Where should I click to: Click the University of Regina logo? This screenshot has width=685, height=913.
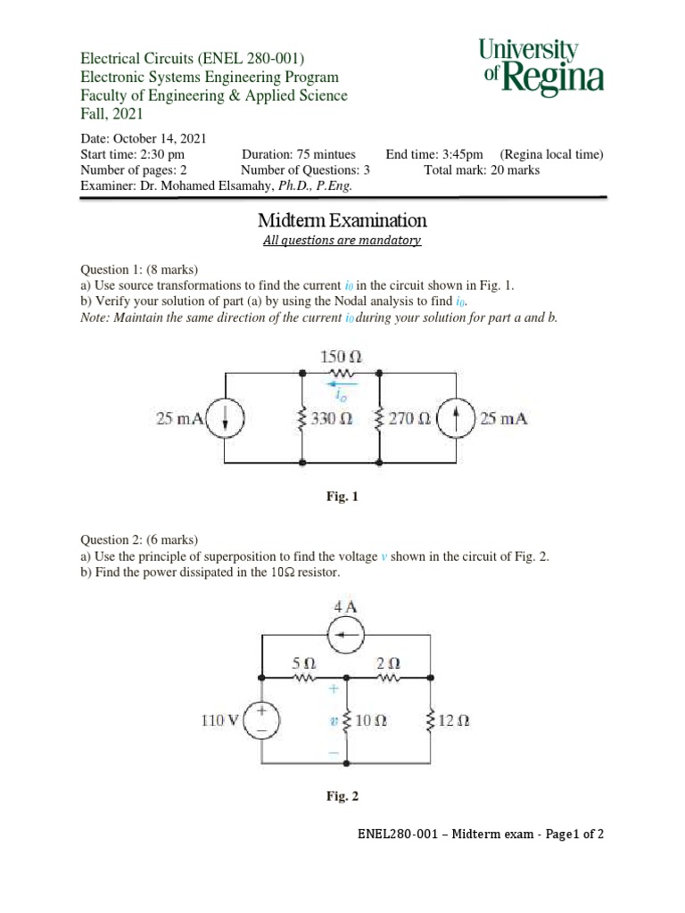point(541,66)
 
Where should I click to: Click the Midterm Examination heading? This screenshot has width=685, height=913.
point(342,220)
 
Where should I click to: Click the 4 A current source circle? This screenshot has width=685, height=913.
point(344,636)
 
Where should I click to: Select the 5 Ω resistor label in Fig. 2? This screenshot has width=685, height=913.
point(304,664)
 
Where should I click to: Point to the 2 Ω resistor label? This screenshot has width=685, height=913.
point(389,664)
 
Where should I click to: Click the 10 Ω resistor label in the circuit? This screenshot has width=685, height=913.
point(369,721)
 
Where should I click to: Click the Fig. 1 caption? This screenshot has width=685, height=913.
point(342,498)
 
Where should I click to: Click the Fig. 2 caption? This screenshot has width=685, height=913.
point(342,796)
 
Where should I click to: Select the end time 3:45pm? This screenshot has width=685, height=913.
point(463,154)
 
